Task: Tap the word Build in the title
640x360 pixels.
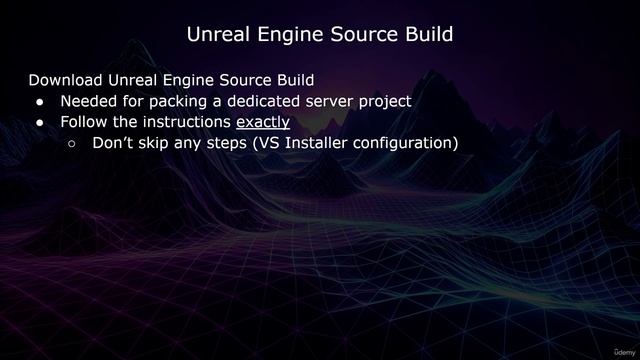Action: (x=425, y=34)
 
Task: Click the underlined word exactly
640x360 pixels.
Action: (x=263, y=122)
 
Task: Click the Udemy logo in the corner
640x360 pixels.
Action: (x=620, y=351)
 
